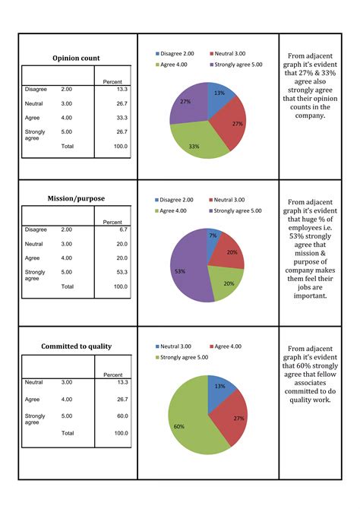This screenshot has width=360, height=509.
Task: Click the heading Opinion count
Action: (x=76, y=58)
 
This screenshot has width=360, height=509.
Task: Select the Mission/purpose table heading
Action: (x=76, y=199)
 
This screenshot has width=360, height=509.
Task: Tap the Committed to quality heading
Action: (x=76, y=346)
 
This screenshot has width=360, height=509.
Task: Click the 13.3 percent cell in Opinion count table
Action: (x=121, y=89)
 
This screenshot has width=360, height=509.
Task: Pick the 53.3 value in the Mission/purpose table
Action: (x=121, y=271)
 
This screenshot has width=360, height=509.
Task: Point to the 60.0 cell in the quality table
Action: (x=121, y=416)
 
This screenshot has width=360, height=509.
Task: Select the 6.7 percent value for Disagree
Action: (x=123, y=228)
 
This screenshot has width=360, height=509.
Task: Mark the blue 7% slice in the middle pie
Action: (x=214, y=236)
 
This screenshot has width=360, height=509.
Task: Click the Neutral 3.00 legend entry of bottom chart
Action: (x=178, y=346)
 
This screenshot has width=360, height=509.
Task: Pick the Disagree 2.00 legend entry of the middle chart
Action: (x=178, y=200)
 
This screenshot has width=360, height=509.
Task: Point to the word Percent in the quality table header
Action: (x=112, y=375)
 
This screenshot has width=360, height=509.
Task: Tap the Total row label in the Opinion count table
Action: (x=68, y=145)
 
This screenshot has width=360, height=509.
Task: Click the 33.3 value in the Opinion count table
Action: (x=121, y=117)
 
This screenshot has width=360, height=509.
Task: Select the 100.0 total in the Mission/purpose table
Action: (x=120, y=286)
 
